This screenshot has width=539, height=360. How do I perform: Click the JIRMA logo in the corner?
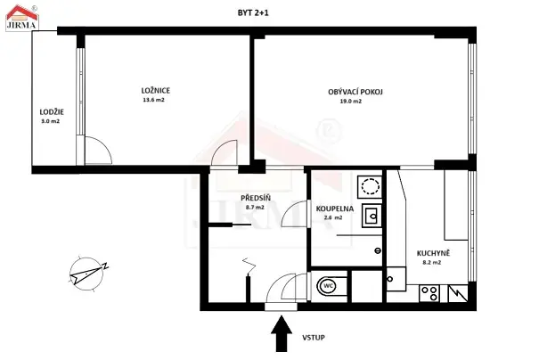pyautogui.click(x=19, y=15)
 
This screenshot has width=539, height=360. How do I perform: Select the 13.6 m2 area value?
pyautogui.click(x=154, y=101)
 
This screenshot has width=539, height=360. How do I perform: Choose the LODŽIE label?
pyautogui.click(x=51, y=110)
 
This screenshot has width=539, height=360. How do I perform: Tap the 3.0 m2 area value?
pyautogui.click(x=50, y=120)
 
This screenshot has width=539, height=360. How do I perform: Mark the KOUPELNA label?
pyautogui.click(x=335, y=208)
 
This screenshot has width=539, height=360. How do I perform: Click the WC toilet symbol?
pyautogui.click(x=328, y=286)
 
